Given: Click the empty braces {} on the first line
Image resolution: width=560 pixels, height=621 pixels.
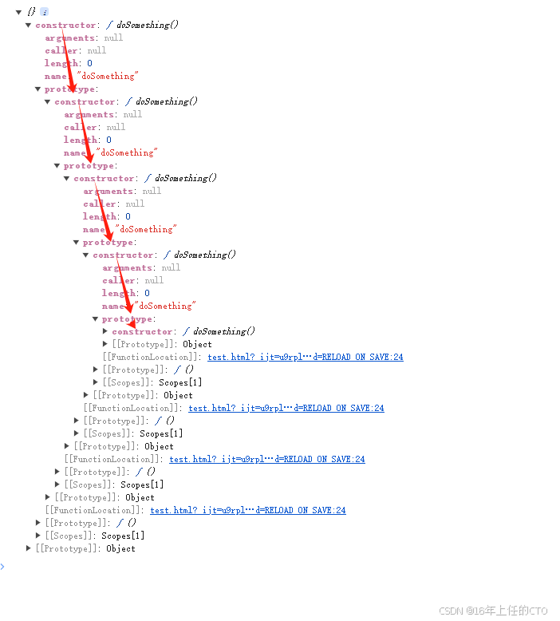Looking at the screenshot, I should pyautogui.click(x=31, y=12).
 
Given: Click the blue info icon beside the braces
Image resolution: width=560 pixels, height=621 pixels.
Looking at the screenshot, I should pyautogui.click(x=45, y=12).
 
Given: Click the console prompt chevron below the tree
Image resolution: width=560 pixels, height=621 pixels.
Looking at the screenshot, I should pyautogui.click(x=2, y=566).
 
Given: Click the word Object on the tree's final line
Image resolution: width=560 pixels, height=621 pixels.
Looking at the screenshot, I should pyautogui.click(x=120, y=548).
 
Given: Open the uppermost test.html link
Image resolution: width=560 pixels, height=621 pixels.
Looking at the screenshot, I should pyautogui.click(x=305, y=357).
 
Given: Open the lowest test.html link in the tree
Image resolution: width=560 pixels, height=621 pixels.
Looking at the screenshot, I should pyautogui.click(x=247, y=510).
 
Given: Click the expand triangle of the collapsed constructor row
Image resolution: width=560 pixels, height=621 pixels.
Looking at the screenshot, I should pyautogui.click(x=105, y=331).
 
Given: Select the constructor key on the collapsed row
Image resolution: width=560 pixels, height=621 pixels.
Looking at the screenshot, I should pyautogui.click(x=142, y=331).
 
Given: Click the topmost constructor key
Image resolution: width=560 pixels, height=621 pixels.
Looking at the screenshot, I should pyautogui.click(x=65, y=25).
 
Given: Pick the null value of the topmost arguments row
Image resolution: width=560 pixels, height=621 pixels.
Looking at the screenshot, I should pyautogui.click(x=113, y=38).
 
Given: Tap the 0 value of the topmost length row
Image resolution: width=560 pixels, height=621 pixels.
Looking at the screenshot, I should pyautogui.click(x=89, y=63).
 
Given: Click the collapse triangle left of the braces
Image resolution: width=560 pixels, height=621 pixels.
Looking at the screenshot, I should pyautogui.click(x=18, y=12).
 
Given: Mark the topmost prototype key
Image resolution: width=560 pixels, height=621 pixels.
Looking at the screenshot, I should pyautogui.click(x=69, y=89).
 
